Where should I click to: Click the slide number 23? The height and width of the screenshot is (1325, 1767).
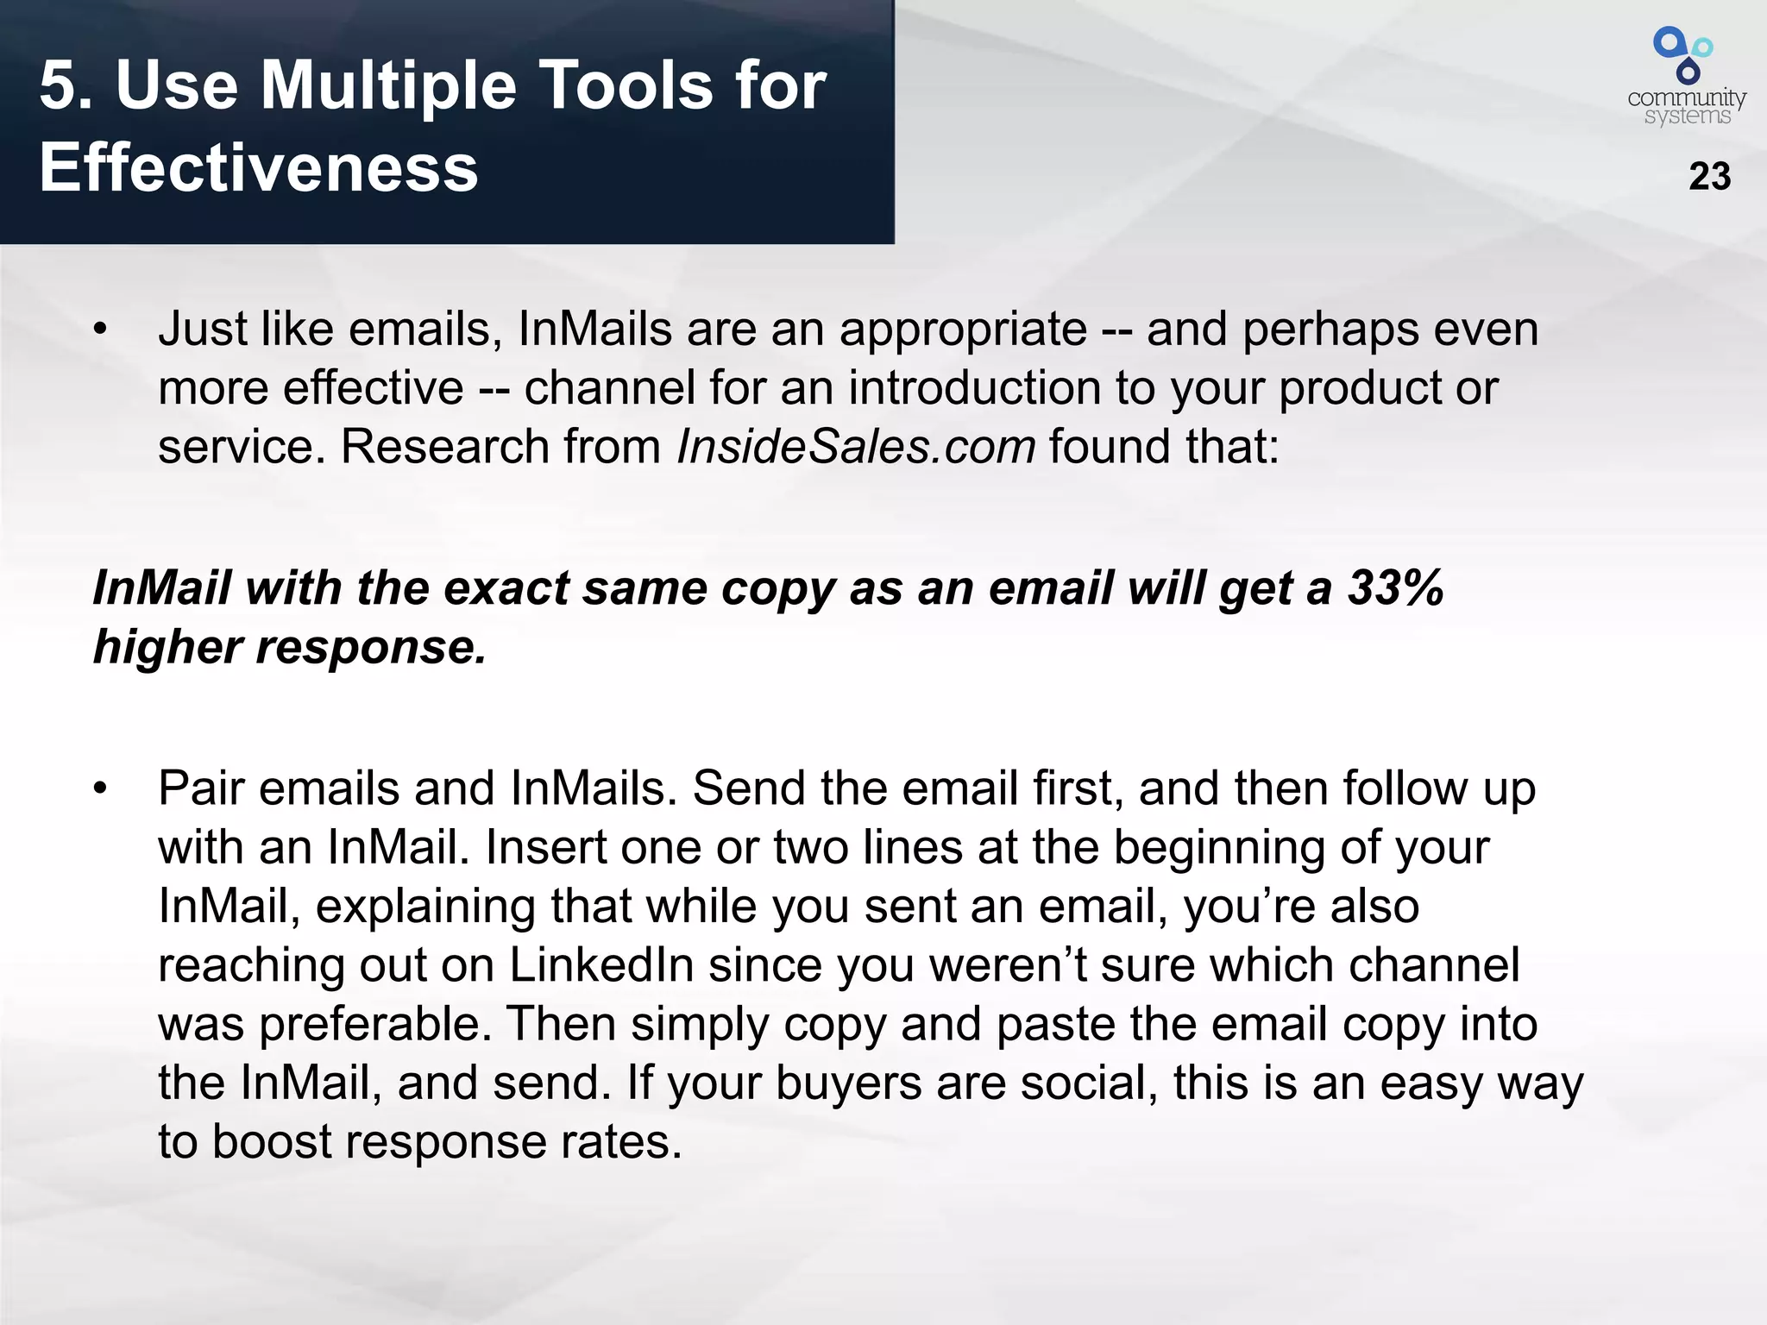coord(1709,177)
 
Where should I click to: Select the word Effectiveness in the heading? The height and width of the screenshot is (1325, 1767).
coord(259,167)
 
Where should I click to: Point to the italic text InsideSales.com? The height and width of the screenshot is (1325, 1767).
coord(856,447)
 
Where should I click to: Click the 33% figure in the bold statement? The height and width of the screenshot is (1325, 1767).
coord(1395,588)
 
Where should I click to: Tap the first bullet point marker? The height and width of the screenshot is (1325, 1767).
coord(101,330)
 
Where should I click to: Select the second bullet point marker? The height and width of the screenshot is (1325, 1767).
coord(101,789)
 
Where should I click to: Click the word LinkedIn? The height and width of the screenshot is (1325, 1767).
coord(601,965)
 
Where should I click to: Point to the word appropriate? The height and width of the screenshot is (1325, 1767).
coord(963,330)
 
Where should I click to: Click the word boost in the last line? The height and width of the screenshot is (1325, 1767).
coord(272,1142)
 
